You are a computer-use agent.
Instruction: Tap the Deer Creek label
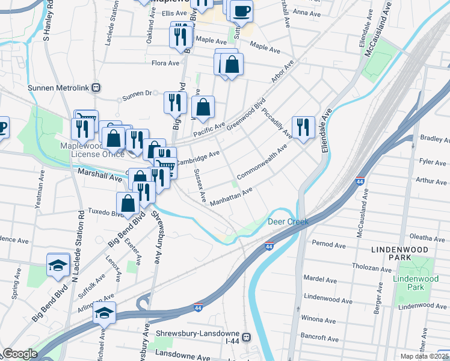point(288,222)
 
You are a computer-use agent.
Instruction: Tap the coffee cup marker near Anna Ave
point(241,11)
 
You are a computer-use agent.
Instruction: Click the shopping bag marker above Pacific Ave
point(204,108)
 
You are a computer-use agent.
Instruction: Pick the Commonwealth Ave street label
point(262,162)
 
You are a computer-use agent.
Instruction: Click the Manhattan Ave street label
point(230,197)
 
